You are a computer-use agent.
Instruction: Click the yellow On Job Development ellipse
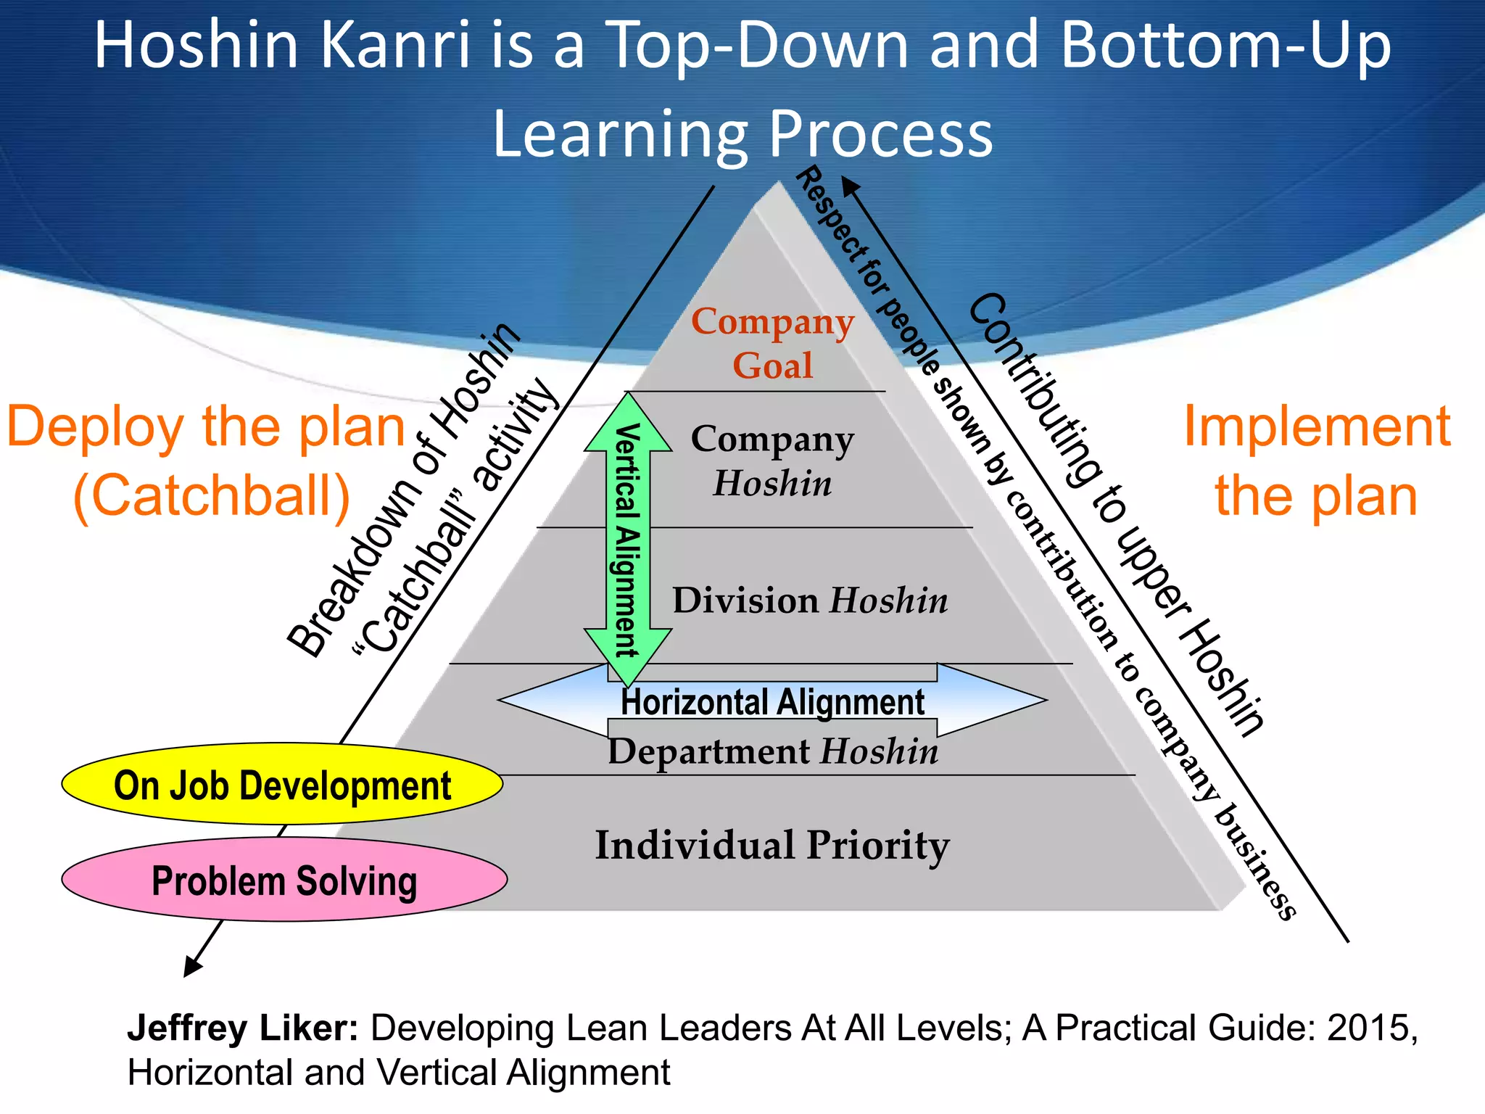point(282,785)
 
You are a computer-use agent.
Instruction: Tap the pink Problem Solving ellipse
point(284,880)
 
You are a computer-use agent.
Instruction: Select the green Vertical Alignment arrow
point(628,540)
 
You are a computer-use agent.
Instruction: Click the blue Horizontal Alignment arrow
point(772,701)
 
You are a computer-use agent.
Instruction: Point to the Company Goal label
point(772,343)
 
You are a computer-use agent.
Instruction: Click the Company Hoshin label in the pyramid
point(772,461)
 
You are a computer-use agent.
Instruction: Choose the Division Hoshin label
point(809,601)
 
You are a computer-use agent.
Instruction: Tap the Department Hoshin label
point(772,751)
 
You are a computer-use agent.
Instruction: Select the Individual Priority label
point(772,845)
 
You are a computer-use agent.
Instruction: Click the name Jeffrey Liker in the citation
point(242,1028)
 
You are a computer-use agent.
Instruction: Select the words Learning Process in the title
point(742,134)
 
